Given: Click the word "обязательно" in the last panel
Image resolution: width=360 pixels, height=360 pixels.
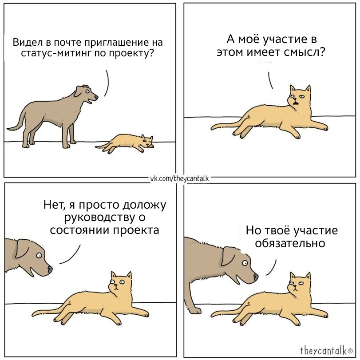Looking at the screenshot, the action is pyautogui.click(x=290, y=243).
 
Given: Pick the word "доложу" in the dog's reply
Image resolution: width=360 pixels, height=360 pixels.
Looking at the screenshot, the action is pyautogui.click(x=144, y=205).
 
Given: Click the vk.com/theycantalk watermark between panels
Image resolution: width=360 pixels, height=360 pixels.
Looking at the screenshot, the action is pyautogui.click(x=179, y=178).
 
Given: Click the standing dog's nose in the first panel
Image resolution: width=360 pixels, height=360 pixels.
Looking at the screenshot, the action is pyautogui.click(x=96, y=97).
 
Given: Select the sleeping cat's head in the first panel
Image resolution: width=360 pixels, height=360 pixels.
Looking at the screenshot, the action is pyautogui.click(x=147, y=142).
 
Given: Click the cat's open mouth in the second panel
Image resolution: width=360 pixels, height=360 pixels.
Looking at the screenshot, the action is pyautogui.click(x=297, y=103).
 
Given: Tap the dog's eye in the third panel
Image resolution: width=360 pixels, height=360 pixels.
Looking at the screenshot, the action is pyautogui.click(x=39, y=255).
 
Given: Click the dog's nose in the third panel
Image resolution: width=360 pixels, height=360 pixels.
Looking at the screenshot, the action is pyautogui.click(x=50, y=269).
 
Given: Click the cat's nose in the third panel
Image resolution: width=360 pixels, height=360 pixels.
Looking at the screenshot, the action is pyautogui.click(x=116, y=286).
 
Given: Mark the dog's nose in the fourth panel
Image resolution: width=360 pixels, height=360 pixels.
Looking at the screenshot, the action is pyautogui.click(x=256, y=277).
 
